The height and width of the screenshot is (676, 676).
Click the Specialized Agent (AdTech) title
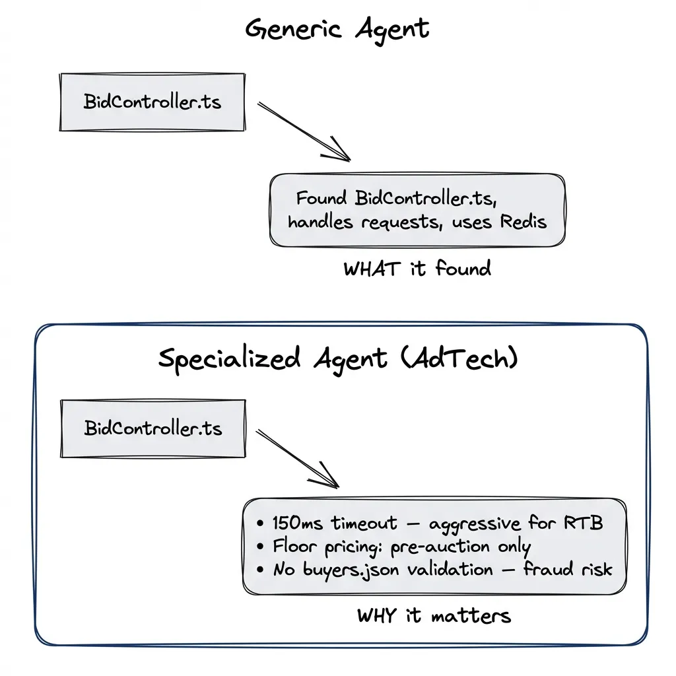coord(338,358)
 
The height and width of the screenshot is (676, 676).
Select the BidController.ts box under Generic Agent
coord(152,102)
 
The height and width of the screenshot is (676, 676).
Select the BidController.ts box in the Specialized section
coord(152,428)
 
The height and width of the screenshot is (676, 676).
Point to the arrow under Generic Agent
coord(304,131)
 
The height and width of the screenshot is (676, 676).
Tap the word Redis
coord(523,221)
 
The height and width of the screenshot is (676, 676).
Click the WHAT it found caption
coord(417,269)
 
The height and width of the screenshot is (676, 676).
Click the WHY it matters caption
coord(434,616)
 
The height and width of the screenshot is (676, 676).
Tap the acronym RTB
coord(583,524)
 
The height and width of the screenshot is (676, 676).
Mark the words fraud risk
coord(568,569)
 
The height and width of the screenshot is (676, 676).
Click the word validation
coord(449,569)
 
